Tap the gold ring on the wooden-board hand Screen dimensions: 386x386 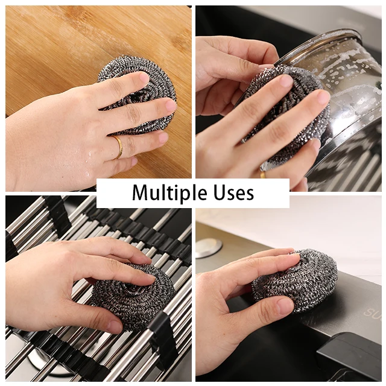click(117, 147)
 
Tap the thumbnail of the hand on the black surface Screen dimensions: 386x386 click(284, 306)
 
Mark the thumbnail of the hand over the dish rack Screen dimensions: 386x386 click(114, 326)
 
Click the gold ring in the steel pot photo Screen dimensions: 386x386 click(262, 175)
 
